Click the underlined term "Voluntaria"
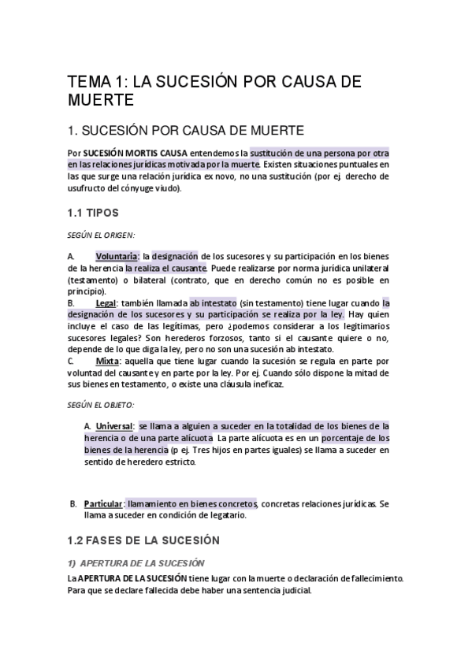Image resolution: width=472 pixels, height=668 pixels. [x=117, y=257]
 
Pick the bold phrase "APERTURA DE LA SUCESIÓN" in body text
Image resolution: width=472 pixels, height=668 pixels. [x=132, y=578]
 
